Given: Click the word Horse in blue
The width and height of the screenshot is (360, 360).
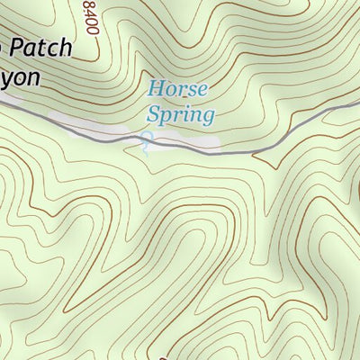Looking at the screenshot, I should click(177, 89).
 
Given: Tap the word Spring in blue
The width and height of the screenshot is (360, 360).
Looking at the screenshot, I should click(180, 115).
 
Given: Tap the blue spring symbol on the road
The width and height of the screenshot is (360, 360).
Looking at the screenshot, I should click(146, 139).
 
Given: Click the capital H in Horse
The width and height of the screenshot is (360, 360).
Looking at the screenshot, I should click(155, 89).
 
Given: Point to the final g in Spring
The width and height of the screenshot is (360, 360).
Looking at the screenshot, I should click(209, 117).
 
